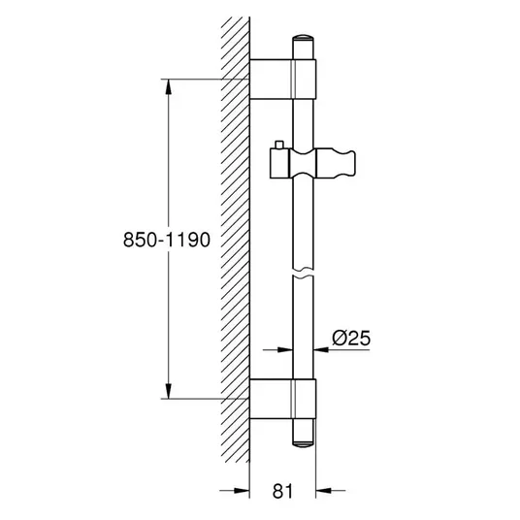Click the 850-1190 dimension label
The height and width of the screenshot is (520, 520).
[167, 240]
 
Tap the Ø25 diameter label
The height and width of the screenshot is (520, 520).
[351, 339]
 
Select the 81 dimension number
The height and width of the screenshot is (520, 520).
[283, 491]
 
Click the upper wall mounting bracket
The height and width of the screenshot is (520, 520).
[283, 80]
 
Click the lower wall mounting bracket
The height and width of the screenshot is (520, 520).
[283, 399]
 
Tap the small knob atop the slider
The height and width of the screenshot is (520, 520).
[279, 145]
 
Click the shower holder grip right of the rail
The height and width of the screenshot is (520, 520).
[336, 163]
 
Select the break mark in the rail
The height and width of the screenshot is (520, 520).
[303, 272]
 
